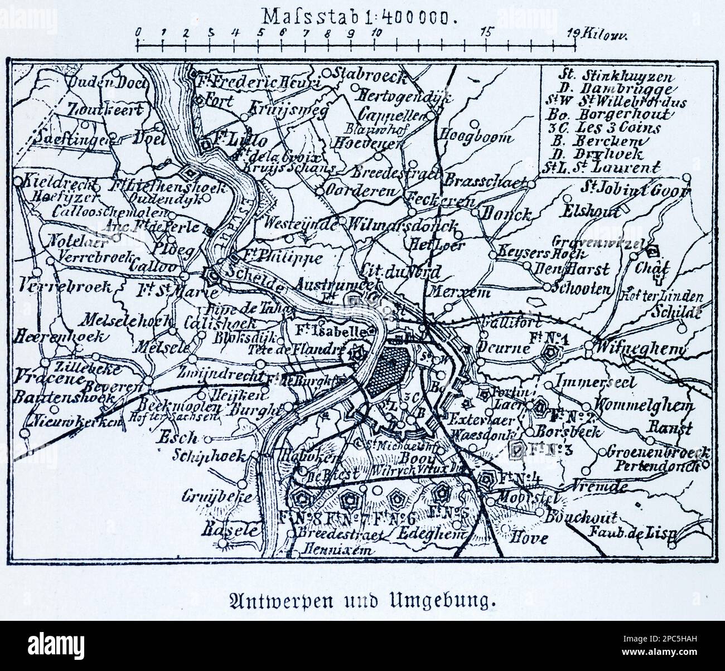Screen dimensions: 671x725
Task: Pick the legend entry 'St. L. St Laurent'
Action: pyautogui.click(x=601, y=167)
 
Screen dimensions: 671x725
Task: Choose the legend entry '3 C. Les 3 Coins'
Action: pyautogui.click(x=601, y=128)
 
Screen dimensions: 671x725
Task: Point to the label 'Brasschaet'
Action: pyautogui.click(x=485, y=182)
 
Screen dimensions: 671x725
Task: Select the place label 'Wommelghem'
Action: pyautogui.click(x=644, y=406)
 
